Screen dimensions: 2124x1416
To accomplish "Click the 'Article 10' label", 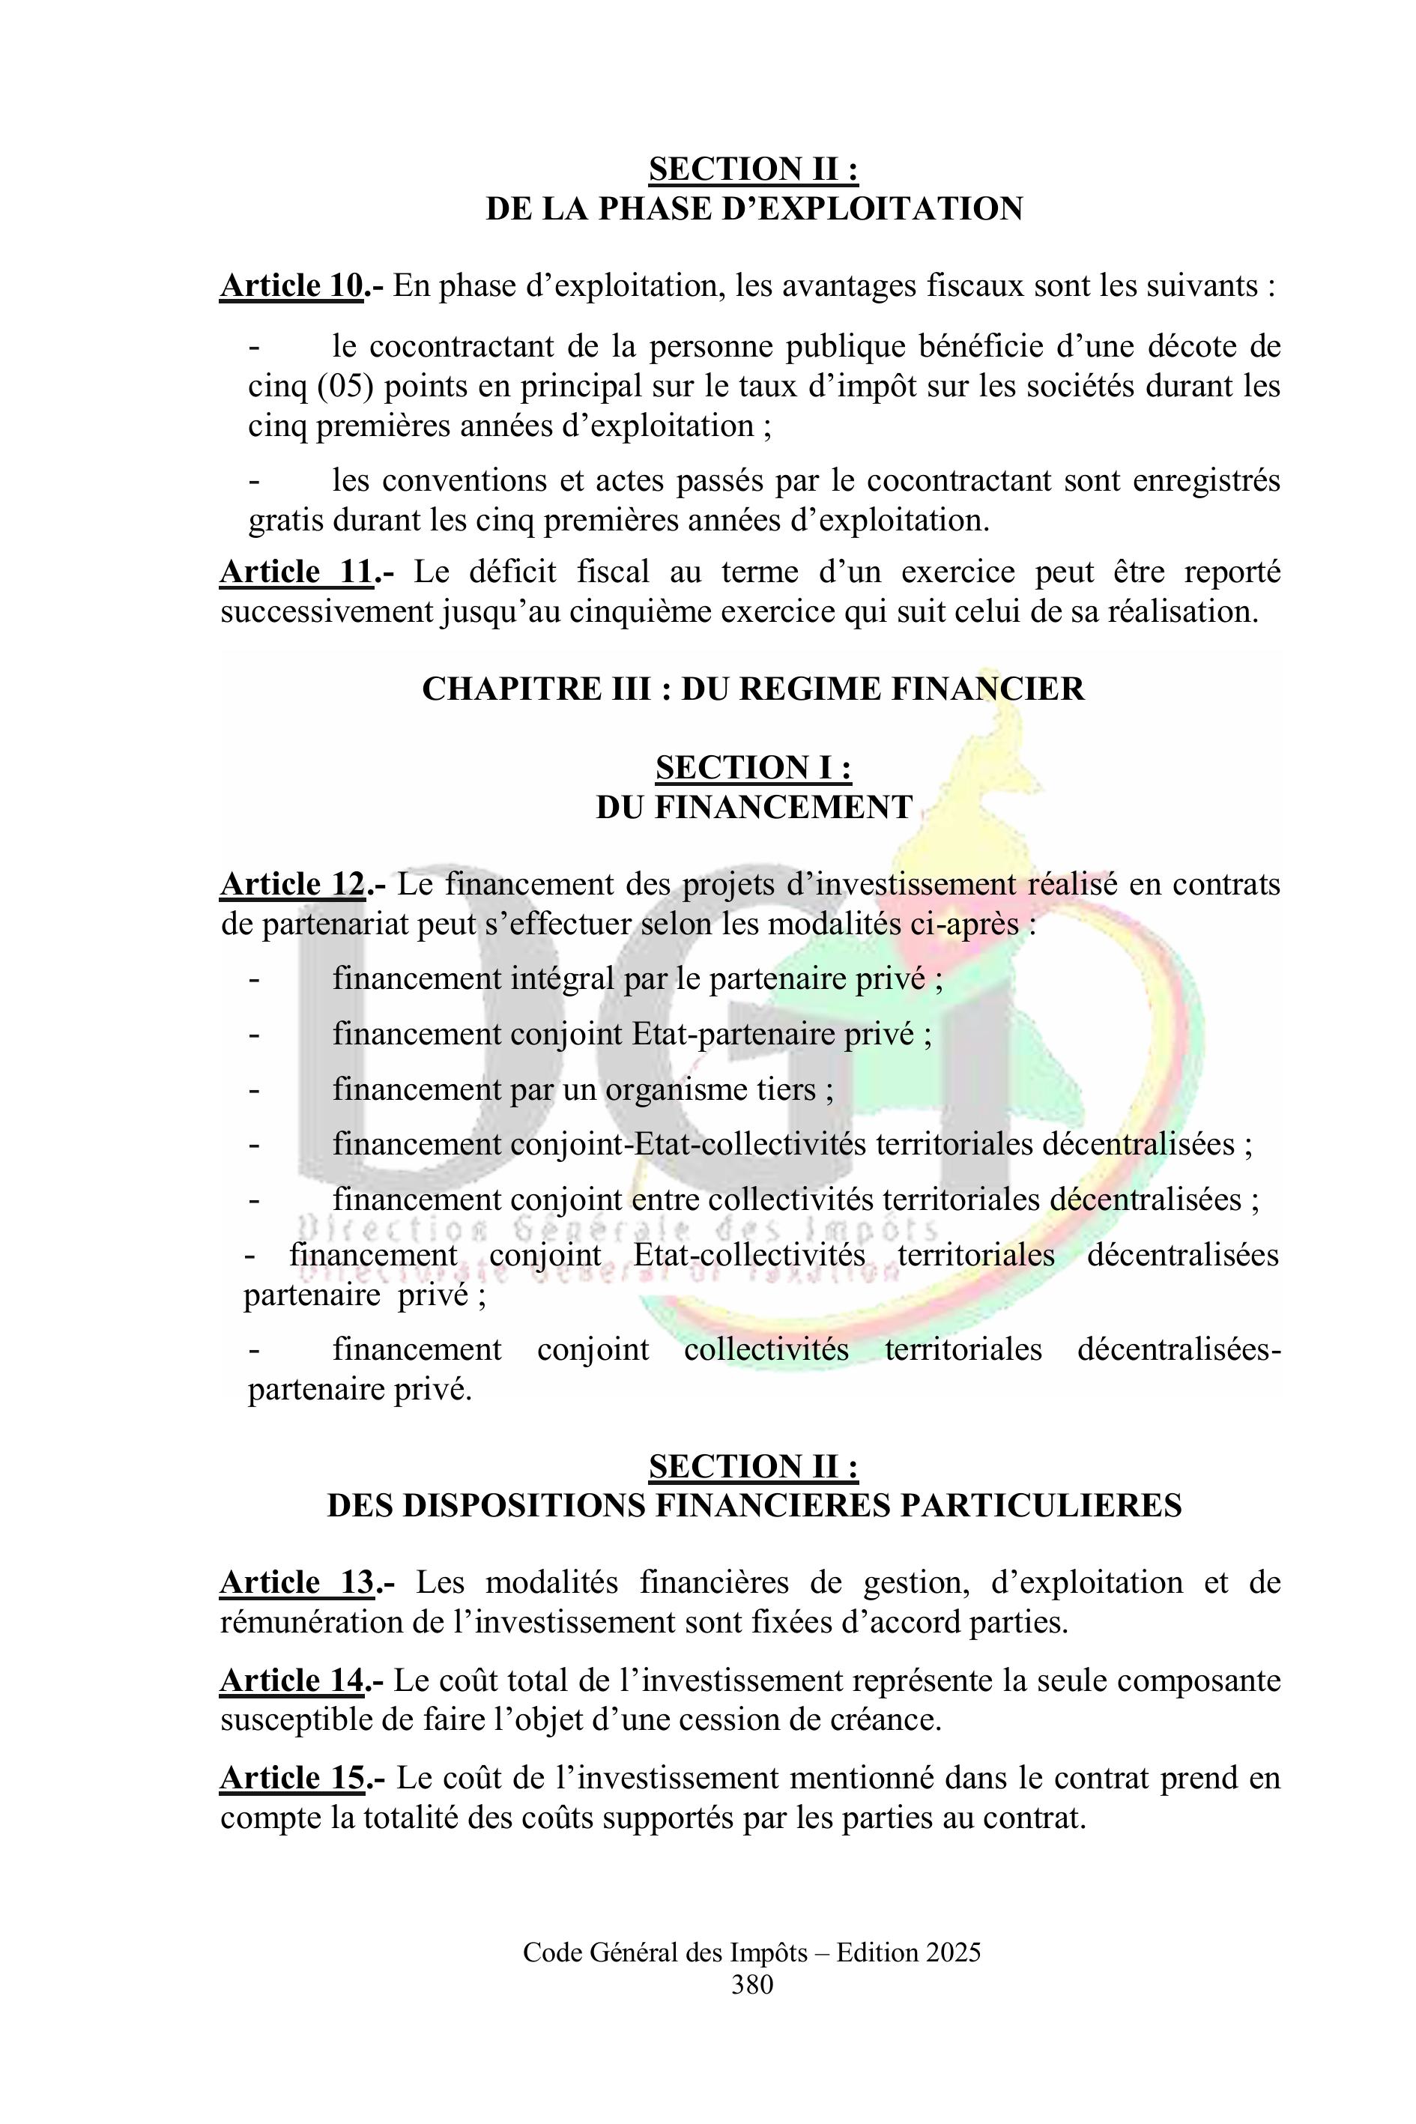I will tap(291, 285).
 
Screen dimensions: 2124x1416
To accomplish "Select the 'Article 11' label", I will tap(296, 572).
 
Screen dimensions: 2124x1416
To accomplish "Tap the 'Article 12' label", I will tap(291, 884).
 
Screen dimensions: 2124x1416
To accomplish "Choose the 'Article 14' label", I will tap(291, 1680).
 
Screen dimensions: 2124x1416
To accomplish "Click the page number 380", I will tap(752, 1984).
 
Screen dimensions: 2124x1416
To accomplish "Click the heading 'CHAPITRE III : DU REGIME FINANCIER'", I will tap(752, 689).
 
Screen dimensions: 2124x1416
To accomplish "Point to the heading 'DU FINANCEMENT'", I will tap(754, 806).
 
